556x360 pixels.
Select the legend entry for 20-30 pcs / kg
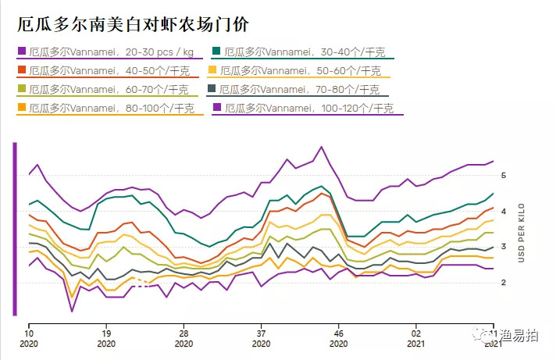click(x=109, y=52)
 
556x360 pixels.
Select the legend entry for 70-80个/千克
click(x=305, y=89)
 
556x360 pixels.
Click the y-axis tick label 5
click(x=505, y=176)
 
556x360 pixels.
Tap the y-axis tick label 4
click(x=505, y=211)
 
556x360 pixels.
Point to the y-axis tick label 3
click(x=505, y=247)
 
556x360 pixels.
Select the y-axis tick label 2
click(x=505, y=283)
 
